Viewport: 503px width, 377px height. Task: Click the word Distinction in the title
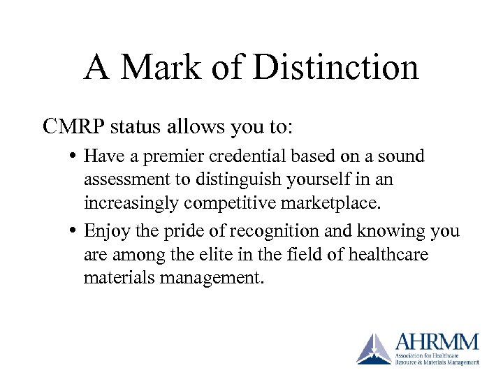point(337,67)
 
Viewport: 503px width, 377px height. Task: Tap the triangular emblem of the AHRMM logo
point(374,348)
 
